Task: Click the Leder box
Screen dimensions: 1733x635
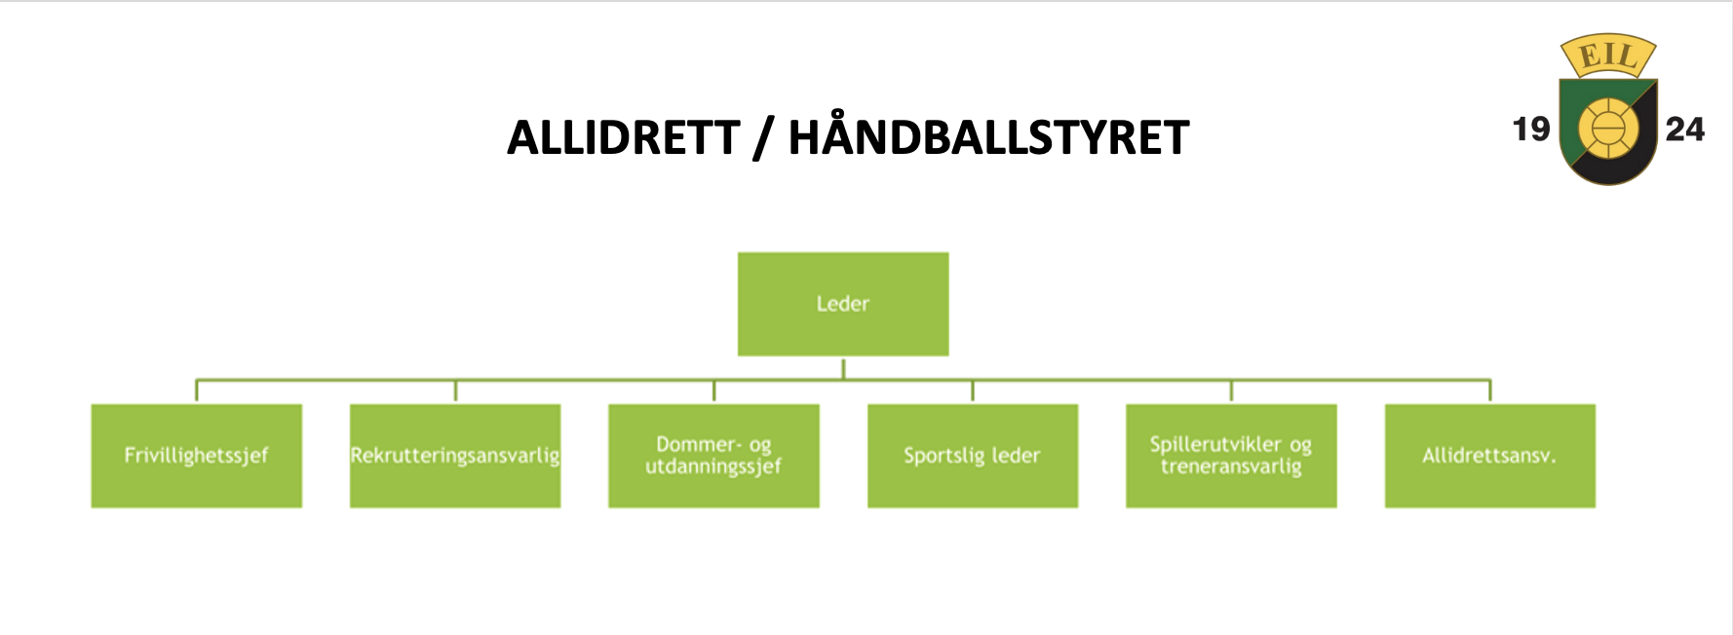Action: tap(843, 304)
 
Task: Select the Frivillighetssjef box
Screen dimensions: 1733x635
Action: tap(197, 456)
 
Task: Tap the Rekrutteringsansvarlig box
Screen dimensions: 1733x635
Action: tap(455, 456)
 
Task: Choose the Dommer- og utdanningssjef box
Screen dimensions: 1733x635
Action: tap(713, 456)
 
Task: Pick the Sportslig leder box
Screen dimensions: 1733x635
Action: tap(973, 456)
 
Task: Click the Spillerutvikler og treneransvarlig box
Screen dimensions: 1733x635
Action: tap(1231, 456)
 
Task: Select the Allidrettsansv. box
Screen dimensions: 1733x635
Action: tap(1490, 456)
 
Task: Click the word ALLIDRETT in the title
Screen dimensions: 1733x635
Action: tap(624, 137)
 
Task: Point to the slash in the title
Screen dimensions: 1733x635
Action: tap(763, 138)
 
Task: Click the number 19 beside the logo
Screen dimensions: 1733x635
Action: tap(1531, 129)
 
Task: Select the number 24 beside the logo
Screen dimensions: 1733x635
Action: tap(1685, 129)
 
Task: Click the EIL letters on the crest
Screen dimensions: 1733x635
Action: tap(1608, 56)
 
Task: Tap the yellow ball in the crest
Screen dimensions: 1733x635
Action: tap(1608, 130)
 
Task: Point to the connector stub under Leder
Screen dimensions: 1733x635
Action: tap(843, 368)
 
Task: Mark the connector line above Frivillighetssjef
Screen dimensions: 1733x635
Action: tap(197, 391)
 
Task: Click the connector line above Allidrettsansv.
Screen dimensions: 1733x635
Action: tap(1490, 391)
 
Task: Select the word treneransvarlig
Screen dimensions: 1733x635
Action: tap(1231, 467)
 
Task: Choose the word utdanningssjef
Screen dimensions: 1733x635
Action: tap(713, 467)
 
